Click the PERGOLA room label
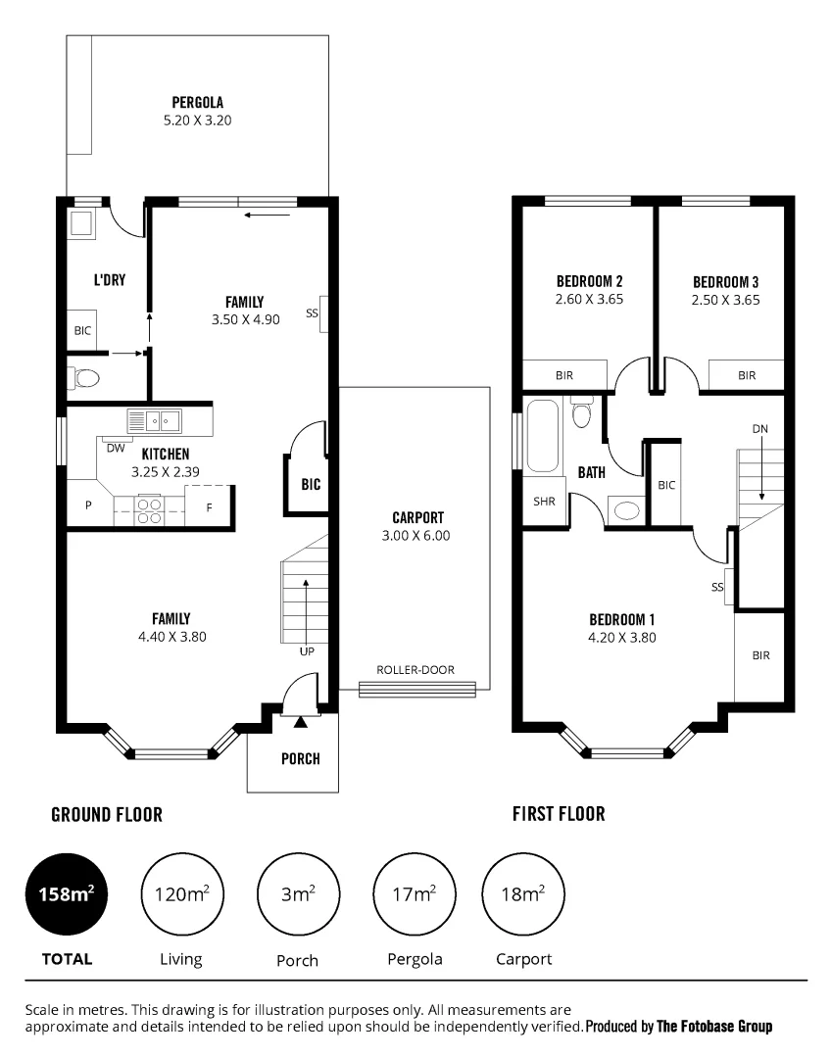coord(197,102)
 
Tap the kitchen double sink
coord(154,421)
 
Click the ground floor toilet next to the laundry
coord(83,377)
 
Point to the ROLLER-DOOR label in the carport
coord(415,670)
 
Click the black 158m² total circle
coord(66,892)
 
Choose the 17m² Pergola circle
coord(413,892)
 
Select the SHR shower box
coord(544,501)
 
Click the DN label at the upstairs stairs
coord(760,429)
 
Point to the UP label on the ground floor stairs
coord(307,650)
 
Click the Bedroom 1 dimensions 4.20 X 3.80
coord(621,637)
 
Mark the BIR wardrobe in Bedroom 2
coord(564,375)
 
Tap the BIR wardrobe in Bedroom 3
coord(747,375)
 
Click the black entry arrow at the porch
coord(300,722)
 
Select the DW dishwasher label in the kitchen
coord(115,448)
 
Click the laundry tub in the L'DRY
coord(80,224)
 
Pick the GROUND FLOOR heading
coord(107,814)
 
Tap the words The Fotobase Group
coord(713,1027)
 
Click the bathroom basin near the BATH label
coord(624,509)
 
